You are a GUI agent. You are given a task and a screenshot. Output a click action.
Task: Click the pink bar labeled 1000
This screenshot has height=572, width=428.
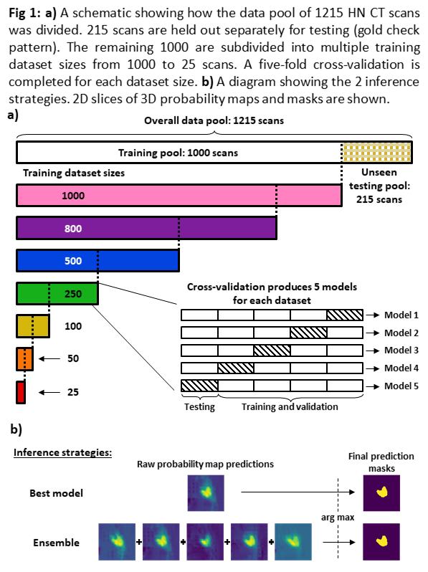tap(179, 196)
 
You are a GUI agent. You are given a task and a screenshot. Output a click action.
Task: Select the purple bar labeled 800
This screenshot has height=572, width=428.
tap(146, 228)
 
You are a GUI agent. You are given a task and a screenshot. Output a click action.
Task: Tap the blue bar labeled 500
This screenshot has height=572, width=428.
tap(98, 260)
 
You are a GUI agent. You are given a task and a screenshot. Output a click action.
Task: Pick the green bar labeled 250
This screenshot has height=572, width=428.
tap(57, 293)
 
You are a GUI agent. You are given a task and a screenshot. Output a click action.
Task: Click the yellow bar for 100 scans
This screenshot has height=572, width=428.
tap(33, 326)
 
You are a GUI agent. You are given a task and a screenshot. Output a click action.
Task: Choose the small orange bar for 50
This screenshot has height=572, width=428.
tap(24, 359)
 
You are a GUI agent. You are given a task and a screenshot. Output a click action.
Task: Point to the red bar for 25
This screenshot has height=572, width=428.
tap(21, 392)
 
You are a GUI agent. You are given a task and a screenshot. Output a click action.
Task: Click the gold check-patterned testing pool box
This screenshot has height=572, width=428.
tap(377, 152)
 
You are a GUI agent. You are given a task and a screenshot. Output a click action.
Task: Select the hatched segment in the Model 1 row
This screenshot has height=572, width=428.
tap(345, 315)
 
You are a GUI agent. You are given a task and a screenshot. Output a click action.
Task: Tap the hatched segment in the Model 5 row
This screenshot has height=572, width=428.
tap(199, 386)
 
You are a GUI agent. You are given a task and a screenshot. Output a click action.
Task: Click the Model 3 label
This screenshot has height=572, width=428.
tap(401, 351)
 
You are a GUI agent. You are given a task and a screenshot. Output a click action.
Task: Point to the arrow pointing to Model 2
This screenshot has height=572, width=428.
tap(373, 333)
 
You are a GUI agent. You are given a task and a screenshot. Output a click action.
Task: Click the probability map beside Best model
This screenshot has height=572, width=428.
tap(206, 493)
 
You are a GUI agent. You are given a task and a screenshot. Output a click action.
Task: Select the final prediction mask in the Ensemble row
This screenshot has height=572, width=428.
tap(381, 542)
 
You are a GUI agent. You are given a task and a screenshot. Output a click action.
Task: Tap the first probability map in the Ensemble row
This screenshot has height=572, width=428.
tap(117, 542)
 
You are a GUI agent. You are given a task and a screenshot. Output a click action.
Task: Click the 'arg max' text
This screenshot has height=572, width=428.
tap(338, 518)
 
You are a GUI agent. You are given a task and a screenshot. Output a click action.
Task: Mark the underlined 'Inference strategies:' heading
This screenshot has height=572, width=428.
tap(63, 453)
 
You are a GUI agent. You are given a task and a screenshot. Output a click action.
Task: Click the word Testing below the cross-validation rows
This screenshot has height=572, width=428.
tap(199, 406)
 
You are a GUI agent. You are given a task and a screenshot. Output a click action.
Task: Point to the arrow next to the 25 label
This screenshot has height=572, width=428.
tap(49, 392)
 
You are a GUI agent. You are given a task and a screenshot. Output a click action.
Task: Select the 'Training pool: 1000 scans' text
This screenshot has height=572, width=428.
tap(178, 153)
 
